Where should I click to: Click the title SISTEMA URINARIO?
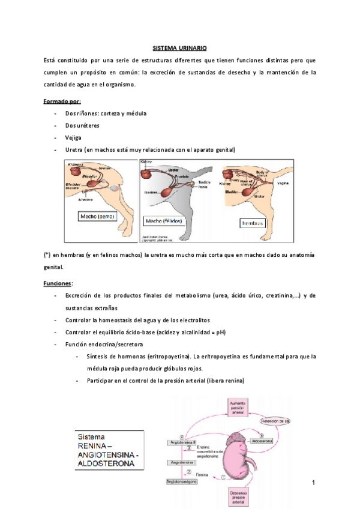tap(179, 48)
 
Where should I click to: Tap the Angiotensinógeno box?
tap(182, 481)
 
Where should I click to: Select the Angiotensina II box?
tap(181, 442)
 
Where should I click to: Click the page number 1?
tap(313, 482)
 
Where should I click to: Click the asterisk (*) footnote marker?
tap(47, 254)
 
